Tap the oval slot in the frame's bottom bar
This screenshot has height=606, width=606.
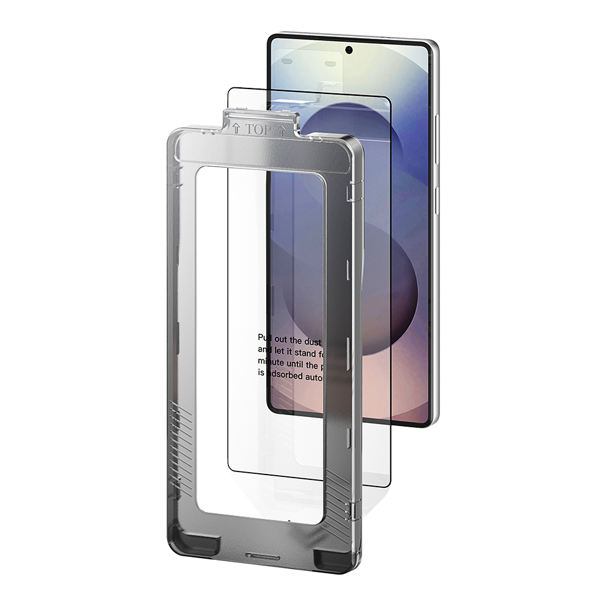point(262,556)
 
